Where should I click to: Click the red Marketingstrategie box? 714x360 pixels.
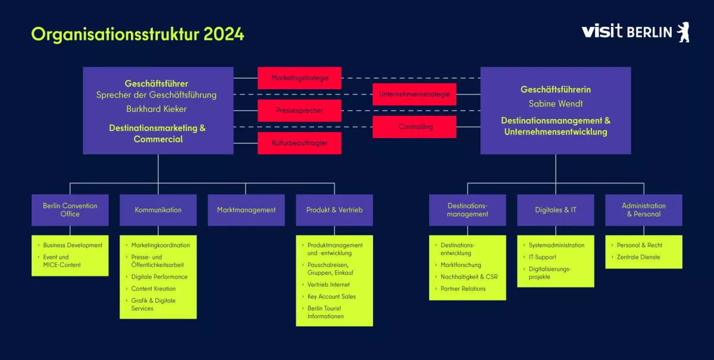click(299, 78)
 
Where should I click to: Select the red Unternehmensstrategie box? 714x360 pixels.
click(414, 94)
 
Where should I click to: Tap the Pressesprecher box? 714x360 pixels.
click(299, 111)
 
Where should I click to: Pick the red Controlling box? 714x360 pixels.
click(414, 127)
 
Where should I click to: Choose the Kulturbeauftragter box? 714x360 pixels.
click(299, 143)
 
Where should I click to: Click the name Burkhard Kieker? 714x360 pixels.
click(156, 109)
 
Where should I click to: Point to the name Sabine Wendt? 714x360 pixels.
click(555, 104)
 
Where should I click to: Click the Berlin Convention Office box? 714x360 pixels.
click(70, 210)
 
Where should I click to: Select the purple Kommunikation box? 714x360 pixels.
click(158, 210)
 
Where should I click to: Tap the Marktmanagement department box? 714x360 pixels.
click(246, 210)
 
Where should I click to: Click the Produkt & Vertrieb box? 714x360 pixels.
click(334, 210)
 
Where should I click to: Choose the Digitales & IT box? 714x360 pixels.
click(555, 210)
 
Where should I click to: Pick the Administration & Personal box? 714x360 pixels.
click(644, 210)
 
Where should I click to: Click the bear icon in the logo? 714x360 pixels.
click(683, 32)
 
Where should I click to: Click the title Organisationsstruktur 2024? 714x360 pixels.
click(137, 34)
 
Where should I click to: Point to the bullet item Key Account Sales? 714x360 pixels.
click(331, 296)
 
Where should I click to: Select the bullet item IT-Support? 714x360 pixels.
click(542, 257)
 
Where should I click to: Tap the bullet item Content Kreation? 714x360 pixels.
click(154, 289)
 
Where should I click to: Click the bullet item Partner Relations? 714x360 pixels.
click(463, 289)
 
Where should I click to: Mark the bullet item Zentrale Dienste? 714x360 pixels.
click(638, 257)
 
